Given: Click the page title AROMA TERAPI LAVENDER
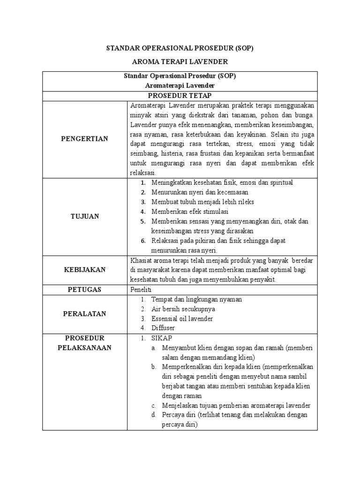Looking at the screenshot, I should click(x=180, y=62).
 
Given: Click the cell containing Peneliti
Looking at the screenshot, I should click(x=142, y=290).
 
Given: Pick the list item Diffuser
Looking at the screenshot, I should click(x=163, y=328).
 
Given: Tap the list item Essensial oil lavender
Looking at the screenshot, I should click(x=182, y=319).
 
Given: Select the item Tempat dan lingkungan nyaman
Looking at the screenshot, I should click(x=196, y=299).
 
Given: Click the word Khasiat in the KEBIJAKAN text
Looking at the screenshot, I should click(x=141, y=260).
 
